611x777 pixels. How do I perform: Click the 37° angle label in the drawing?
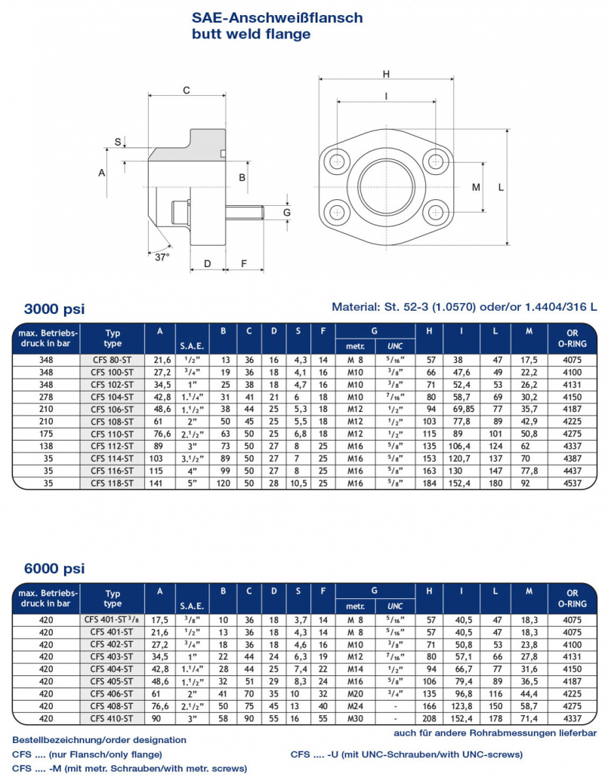tap(162, 257)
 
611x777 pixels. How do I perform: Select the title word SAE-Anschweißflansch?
tap(277, 18)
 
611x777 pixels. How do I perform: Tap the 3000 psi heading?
tap(54, 309)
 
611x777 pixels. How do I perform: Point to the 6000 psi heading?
tap(54, 568)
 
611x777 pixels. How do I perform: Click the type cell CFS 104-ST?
tap(112, 397)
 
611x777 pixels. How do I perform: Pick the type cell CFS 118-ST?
tap(112, 483)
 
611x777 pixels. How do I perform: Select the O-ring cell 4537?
tap(572, 483)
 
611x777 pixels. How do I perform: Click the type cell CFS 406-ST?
tap(112, 694)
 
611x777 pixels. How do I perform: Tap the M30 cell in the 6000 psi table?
tap(355, 718)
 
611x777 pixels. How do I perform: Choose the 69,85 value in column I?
tap(464, 410)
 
